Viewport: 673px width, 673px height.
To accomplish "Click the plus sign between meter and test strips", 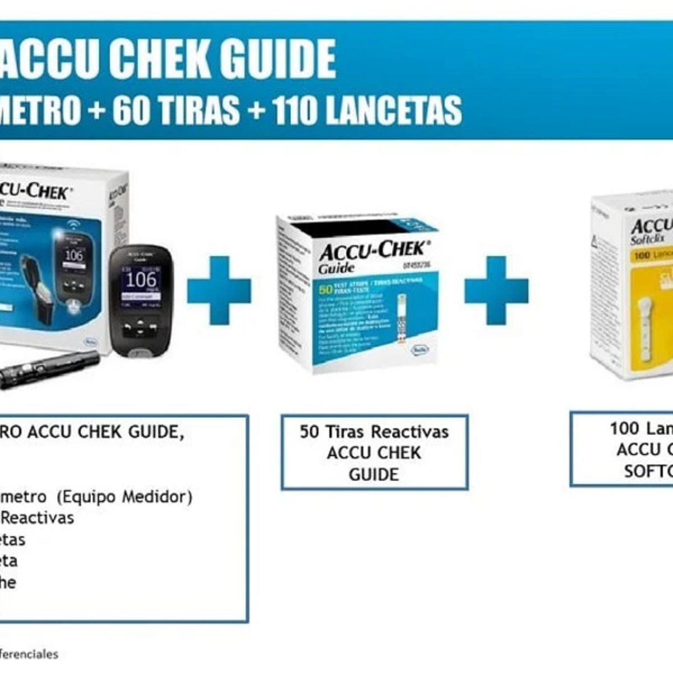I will click(219, 290).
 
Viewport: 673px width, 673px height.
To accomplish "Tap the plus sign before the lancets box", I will click(496, 290).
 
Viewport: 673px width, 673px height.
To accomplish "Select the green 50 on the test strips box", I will click(325, 291).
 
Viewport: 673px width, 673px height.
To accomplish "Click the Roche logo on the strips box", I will click(420, 350).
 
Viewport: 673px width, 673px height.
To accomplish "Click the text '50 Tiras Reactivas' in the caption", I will click(374, 432).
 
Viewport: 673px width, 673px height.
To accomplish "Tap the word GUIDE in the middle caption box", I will click(374, 474).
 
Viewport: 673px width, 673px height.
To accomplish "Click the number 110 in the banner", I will click(295, 110).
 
